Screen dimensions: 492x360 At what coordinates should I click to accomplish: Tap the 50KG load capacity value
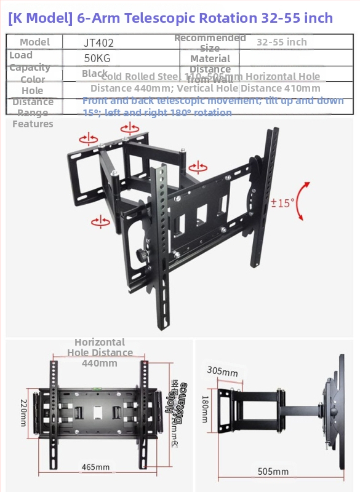(x=97, y=58)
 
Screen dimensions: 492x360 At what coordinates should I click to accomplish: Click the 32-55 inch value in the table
(x=281, y=42)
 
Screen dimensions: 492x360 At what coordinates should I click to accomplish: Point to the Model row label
(x=35, y=42)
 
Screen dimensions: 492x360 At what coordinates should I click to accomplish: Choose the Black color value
(x=95, y=73)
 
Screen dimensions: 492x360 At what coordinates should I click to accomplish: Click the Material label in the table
(x=210, y=58)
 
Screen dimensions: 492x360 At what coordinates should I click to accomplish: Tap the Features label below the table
(x=33, y=124)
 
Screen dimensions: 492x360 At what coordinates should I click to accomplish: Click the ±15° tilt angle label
(x=282, y=202)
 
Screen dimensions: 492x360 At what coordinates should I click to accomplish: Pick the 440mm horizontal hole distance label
(x=100, y=363)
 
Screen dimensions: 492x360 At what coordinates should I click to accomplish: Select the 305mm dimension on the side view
(x=222, y=371)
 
